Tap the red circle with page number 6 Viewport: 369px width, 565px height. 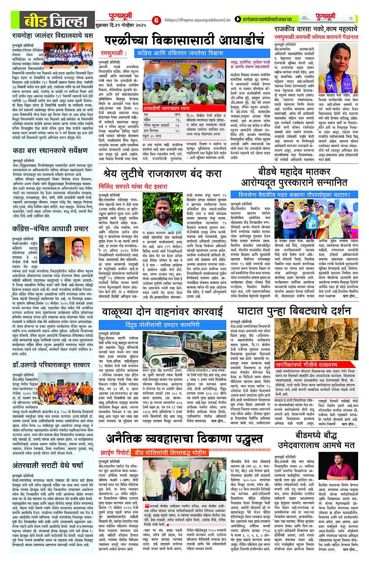click(x=156, y=20)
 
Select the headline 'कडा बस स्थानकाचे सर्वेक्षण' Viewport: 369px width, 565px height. click(x=50, y=150)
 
